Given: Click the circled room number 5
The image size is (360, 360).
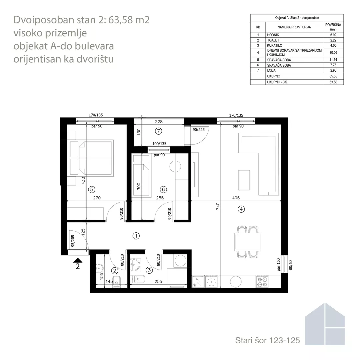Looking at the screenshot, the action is (x=92, y=189).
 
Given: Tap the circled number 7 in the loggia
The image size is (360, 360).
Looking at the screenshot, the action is (x=158, y=131).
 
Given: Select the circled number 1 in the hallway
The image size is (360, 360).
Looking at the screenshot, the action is (x=136, y=236).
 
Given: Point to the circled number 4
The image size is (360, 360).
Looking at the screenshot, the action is (x=241, y=209).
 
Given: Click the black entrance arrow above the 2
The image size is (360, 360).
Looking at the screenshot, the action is (x=78, y=260).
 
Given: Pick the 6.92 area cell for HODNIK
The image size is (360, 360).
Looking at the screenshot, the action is (x=333, y=35).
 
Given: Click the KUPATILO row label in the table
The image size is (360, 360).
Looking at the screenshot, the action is (x=275, y=45).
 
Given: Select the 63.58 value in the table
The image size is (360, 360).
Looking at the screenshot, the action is (x=333, y=82).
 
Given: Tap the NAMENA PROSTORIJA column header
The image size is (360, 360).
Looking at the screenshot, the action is (x=294, y=27).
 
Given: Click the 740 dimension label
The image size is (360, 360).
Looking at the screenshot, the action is (x=218, y=206).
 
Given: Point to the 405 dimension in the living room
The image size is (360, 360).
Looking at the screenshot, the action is (x=236, y=198).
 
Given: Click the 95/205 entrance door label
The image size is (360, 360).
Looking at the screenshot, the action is (x=73, y=241).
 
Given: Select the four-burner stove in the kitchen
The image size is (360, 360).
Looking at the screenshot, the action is (x=262, y=282).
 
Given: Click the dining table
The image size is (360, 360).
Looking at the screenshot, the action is (x=247, y=242).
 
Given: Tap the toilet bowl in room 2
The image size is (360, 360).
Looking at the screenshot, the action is (x=117, y=281).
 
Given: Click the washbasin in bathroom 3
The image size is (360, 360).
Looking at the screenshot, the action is (x=135, y=264).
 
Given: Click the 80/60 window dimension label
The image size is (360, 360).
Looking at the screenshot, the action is (x=290, y=265).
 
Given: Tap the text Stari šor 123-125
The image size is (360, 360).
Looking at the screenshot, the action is (x=267, y=340).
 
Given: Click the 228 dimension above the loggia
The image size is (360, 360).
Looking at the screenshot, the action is (x=159, y=122).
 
